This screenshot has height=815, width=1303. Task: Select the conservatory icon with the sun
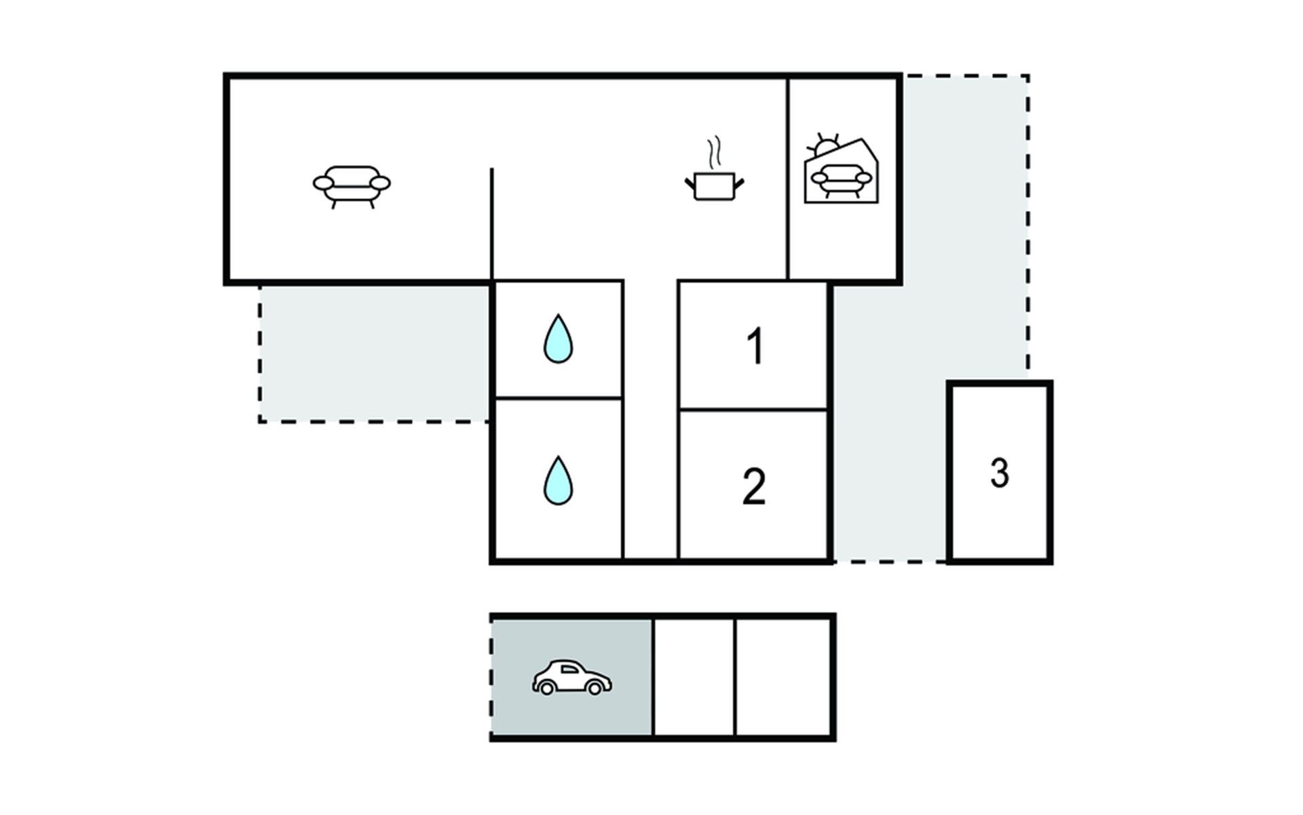point(841,169)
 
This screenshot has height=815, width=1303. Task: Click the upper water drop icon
point(558,339)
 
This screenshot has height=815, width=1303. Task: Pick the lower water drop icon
point(558,480)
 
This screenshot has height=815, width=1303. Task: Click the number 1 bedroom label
point(755,346)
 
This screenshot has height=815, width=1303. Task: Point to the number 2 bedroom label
point(754,486)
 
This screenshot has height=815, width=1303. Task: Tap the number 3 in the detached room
point(999,473)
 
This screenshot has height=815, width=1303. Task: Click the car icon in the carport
point(571,677)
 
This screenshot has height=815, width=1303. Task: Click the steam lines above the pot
point(714,153)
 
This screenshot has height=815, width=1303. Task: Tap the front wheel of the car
point(594,688)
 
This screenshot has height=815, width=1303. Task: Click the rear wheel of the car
point(546,688)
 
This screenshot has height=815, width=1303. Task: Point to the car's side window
point(569,670)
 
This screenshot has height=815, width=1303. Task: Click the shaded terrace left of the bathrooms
point(374,352)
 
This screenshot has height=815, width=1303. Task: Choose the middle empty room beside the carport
point(694,677)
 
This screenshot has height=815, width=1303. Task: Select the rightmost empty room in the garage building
point(784,677)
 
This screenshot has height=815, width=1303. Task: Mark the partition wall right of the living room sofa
point(492,224)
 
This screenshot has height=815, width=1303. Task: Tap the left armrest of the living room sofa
point(323,183)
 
